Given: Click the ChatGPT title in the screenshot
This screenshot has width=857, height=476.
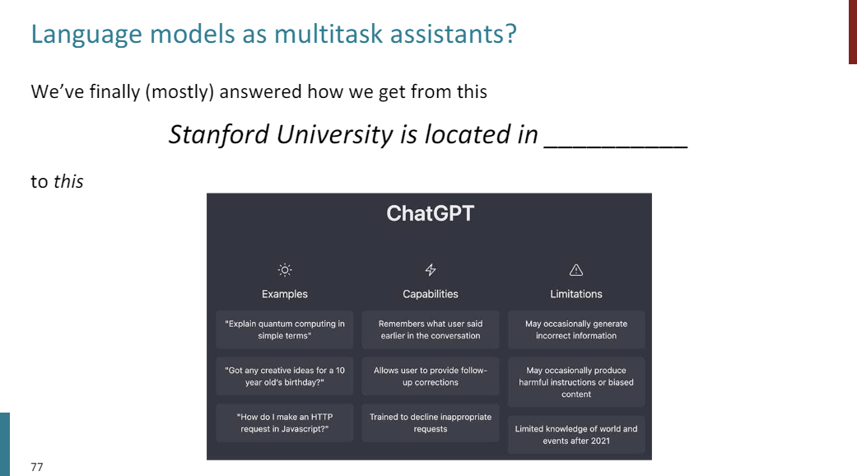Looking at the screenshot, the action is tap(430, 214).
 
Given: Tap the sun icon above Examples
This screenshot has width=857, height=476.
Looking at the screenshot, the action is tap(285, 270).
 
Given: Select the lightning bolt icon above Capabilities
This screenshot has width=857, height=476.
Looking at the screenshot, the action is tap(431, 270).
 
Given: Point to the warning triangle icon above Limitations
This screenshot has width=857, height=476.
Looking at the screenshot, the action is tap(576, 270).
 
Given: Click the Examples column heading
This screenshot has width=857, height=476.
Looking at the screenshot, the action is tap(285, 294).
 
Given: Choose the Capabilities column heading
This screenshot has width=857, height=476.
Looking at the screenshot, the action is tap(431, 294).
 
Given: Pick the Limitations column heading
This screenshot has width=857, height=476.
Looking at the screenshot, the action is tap(576, 294).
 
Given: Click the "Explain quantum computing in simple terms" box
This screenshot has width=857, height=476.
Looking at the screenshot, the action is tap(285, 329).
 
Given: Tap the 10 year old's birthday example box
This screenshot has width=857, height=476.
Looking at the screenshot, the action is tap(285, 376).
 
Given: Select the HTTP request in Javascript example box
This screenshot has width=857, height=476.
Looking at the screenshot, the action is tap(285, 423).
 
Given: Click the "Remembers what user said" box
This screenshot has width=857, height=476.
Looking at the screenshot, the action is tap(431, 329).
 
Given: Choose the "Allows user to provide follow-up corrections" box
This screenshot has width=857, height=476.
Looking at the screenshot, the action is tap(431, 376).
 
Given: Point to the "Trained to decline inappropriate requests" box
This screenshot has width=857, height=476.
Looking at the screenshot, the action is tap(431, 423).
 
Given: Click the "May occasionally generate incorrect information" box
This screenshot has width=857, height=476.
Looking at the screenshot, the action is tap(576, 329).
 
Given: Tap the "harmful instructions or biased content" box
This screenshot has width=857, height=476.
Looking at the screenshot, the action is tap(576, 382).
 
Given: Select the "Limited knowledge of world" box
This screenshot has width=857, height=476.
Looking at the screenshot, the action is tap(576, 435).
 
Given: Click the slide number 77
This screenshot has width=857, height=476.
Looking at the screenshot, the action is tap(36, 467).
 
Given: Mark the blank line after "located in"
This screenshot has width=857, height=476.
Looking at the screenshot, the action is tap(615, 140).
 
